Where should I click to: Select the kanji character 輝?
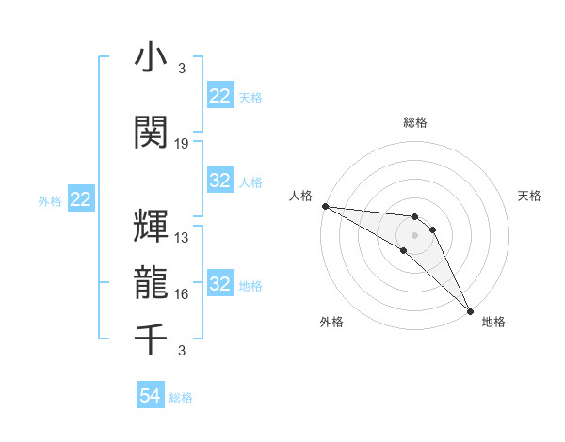coord(152,226)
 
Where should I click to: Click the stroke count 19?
coord(182,144)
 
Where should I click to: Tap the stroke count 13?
coord(182,238)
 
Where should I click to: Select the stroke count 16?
coord(182,294)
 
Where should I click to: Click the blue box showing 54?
coord(151,397)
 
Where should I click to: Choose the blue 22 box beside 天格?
coord(219,96)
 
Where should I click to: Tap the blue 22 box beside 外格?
coord(80,199)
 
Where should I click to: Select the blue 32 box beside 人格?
coord(219,181)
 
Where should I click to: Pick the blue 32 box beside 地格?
coord(219,284)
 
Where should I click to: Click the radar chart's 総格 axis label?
coord(415,122)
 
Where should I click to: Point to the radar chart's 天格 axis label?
coord(529,196)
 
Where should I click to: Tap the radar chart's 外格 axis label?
coord(331,322)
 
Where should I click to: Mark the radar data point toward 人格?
coord(325,206)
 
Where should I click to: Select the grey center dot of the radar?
coord(415,234)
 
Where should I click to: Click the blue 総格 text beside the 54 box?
coord(181,398)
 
